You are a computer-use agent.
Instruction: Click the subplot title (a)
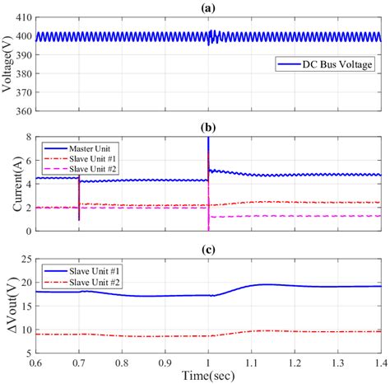click(x=208, y=7)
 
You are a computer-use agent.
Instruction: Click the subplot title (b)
click(x=208, y=129)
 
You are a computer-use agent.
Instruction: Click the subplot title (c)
click(x=208, y=250)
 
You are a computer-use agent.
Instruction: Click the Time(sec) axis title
click(x=208, y=376)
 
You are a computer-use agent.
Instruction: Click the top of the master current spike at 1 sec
click(x=208, y=140)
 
